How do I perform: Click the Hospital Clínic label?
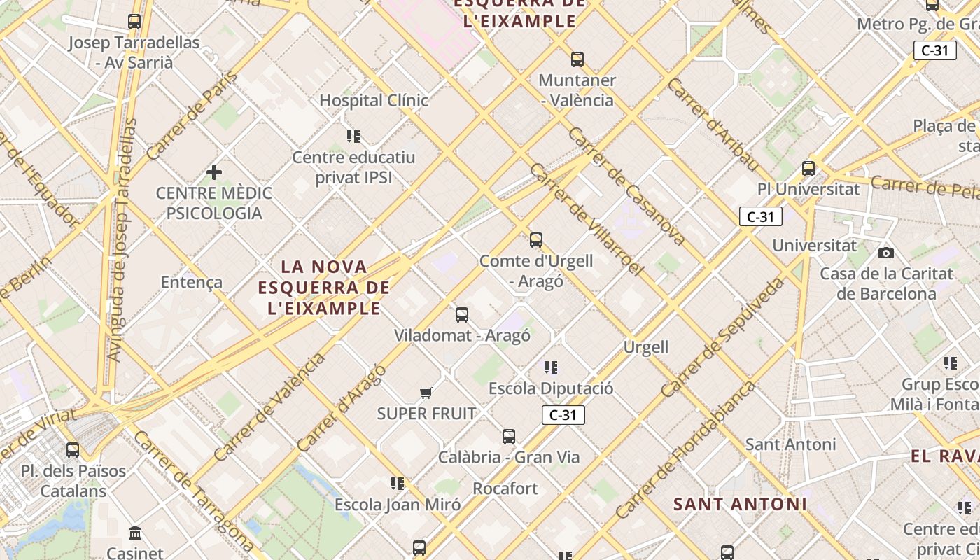tap(373, 100)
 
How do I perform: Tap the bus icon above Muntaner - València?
tap(577, 59)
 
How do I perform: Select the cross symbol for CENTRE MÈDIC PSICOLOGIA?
tap(214, 172)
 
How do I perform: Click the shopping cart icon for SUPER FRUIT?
tap(426, 393)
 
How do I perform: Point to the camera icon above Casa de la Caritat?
tap(886, 253)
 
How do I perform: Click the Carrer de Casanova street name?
tap(626, 186)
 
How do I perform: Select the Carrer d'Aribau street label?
tap(713, 125)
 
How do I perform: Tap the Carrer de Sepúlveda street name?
tap(722, 337)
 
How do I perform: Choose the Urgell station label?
tap(646, 347)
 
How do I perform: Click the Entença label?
tap(191, 282)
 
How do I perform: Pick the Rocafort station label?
tap(505, 488)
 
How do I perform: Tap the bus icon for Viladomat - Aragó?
tap(462, 315)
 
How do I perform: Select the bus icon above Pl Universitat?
tap(808, 169)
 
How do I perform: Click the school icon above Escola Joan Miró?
tap(398, 483)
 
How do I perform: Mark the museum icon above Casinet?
tap(135, 533)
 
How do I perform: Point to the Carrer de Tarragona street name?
tap(193, 490)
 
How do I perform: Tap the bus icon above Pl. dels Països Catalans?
tap(73, 450)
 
